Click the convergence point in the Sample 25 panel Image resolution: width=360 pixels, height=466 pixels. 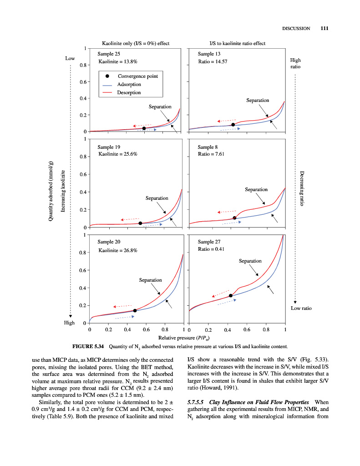coord(144,128)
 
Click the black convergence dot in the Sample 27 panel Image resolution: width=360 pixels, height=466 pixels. coord(231,296)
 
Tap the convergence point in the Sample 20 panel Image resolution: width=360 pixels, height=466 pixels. coord(135,310)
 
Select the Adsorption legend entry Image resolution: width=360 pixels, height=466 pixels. coord(129,85)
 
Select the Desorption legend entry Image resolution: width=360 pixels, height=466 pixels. coord(129,93)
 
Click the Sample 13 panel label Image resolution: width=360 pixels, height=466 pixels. coord(209,54)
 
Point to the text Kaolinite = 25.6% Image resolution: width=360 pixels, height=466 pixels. coord(118,154)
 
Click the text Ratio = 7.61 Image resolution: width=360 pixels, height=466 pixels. coord(211,154)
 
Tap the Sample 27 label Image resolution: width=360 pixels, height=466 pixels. coord(209,242)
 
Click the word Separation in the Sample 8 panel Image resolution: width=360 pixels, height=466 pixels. coord(256,189)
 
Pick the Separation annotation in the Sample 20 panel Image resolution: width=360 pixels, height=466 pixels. coord(150,280)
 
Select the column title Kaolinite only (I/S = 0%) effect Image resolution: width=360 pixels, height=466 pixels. coord(136,43)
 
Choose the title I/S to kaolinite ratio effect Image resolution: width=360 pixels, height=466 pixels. coord(237,43)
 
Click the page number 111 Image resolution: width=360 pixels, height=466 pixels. coord(324,28)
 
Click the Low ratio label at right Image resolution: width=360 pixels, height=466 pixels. coord(301,309)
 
